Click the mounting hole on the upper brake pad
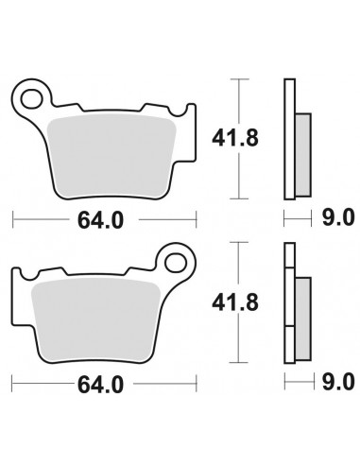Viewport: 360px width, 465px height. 36,95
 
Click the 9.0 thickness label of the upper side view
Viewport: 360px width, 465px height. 336,220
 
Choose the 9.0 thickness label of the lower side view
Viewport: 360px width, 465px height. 336,385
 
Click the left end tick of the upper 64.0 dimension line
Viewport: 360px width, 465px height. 12,220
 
